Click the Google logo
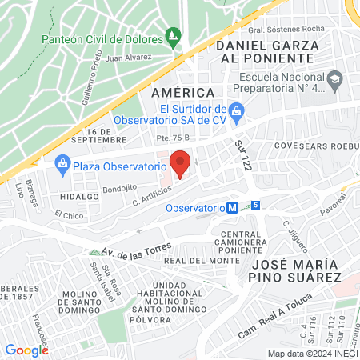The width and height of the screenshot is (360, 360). [x=26, y=350]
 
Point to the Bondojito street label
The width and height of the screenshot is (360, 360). [x=119, y=190]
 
